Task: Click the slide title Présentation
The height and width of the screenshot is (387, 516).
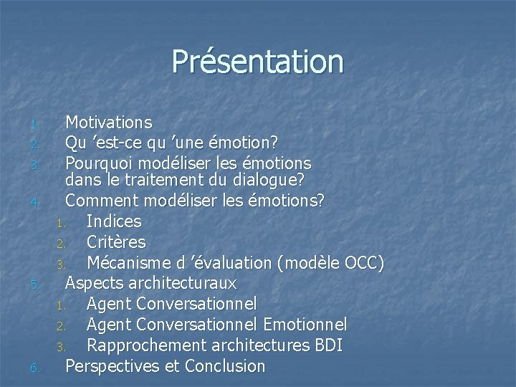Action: [x=257, y=62]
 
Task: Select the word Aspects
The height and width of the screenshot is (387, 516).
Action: [x=92, y=283]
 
